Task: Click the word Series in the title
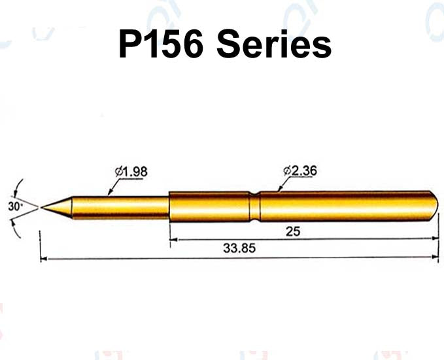[x=274, y=46]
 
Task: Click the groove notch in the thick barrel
[x=254, y=205]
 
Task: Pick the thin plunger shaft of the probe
[x=118, y=207]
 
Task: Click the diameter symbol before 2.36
[x=288, y=171]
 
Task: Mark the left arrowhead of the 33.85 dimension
[x=44, y=259]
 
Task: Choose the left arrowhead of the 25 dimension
[x=173, y=240]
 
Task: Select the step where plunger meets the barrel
[x=169, y=206]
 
